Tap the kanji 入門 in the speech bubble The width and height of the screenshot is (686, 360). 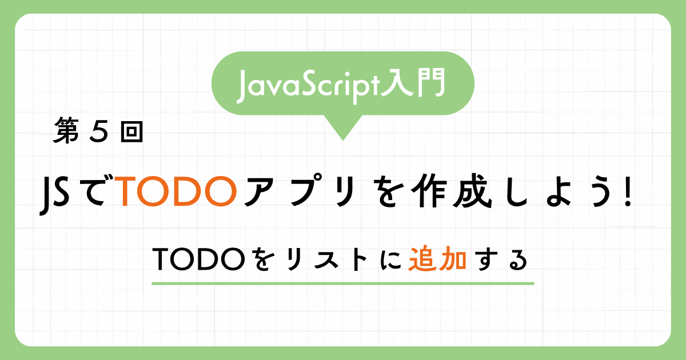tap(412, 83)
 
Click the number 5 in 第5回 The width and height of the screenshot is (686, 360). tap(99, 131)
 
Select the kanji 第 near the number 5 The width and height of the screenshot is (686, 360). tap(66, 131)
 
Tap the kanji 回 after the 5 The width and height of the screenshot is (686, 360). tap(131, 131)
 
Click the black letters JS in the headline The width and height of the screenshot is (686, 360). tap(54, 195)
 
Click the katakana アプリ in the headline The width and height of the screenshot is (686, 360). tap(301, 191)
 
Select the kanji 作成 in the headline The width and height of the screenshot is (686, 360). tap(452, 191)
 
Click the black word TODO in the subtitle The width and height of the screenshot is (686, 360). tap(199, 259)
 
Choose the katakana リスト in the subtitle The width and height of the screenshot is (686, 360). tap(327, 259)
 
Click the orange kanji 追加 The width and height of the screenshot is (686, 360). tap(438, 259)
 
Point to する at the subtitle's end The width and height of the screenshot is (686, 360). tap(502, 259)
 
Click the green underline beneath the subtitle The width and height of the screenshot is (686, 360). tap(343, 284)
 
